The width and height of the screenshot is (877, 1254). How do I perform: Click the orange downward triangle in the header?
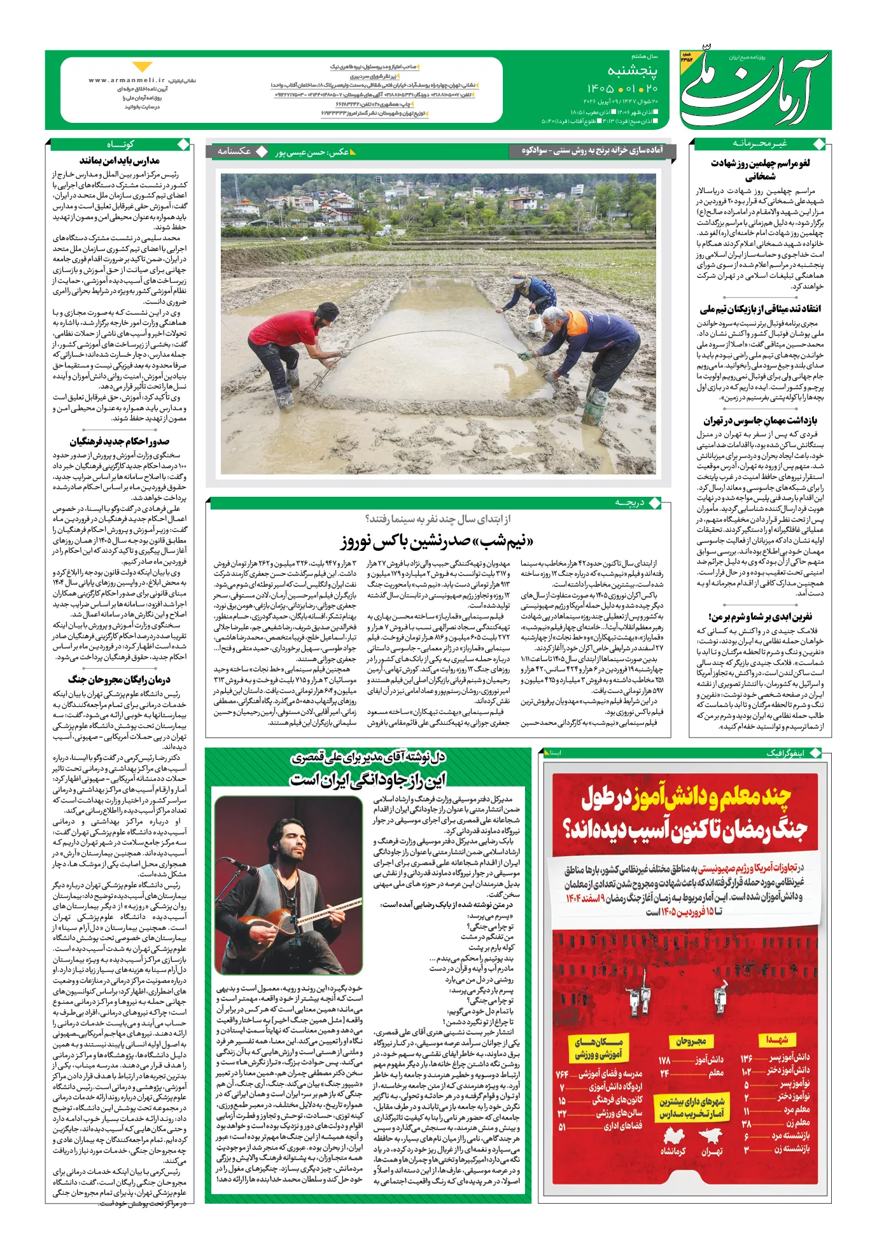tap(142, 66)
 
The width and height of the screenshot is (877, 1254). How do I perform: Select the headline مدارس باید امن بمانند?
tap(120, 160)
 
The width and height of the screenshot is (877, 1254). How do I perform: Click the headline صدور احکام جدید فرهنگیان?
tap(120, 441)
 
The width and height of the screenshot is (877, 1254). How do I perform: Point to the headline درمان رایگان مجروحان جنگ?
tap(120, 680)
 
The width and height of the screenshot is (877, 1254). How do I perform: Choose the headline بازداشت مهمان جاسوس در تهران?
tap(760, 421)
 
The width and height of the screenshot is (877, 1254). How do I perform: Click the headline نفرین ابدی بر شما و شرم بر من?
tap(760, 616)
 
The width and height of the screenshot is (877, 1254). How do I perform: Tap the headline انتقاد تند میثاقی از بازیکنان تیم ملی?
tap(760, 309)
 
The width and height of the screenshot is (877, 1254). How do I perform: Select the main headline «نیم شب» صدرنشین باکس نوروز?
tap(437, 543)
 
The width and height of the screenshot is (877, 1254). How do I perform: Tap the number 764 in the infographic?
tap(561, 1074)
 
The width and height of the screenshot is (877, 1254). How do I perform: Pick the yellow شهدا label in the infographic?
tap(777, 1039)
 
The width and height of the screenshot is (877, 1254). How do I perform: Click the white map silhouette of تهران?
tap(712, 1136)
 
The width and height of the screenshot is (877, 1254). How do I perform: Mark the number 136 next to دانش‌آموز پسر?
tap(747, 1058)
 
